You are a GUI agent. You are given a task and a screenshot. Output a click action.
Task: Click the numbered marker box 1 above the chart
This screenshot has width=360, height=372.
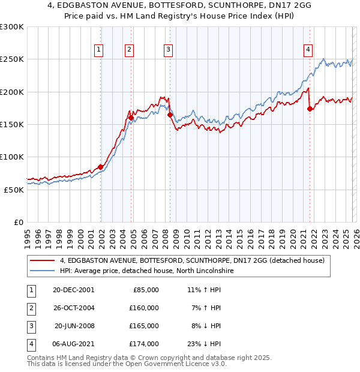(98, 50)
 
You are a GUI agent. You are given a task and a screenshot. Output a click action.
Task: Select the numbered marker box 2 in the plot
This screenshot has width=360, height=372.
(129, 50)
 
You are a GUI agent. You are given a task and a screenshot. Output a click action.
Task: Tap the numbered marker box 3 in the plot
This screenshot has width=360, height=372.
(168, 50)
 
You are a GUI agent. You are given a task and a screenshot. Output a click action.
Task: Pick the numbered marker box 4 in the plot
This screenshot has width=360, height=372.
(308, 50)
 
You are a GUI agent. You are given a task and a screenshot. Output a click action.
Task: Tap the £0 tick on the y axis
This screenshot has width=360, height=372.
(18, 222)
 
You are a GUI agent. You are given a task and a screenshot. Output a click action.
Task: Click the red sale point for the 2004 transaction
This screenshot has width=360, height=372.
(130, 118)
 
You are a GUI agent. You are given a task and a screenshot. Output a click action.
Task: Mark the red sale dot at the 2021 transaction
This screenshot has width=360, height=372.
(310, 109)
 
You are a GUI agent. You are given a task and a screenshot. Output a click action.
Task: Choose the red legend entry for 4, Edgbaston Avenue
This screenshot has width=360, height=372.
(192, 260)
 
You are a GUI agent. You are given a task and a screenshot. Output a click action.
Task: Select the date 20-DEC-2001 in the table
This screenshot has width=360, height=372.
(73, 289)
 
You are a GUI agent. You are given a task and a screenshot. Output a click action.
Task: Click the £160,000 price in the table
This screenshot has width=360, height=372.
(144, 307)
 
